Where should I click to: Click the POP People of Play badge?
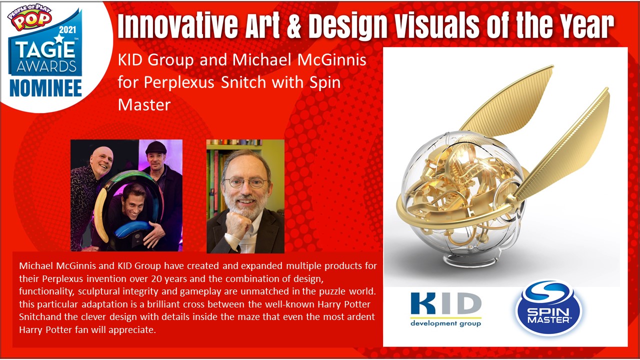click(x=29, y=17)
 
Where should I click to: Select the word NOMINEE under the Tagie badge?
click(x=45, y=88)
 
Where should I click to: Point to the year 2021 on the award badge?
click(x=67, y=29)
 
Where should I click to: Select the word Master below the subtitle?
click(x=144, y=104)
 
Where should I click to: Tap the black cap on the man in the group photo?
click(x=156, y=147)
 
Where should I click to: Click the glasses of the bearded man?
click(x=245, y=182)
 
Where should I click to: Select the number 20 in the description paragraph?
click(x=157, y=278)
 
